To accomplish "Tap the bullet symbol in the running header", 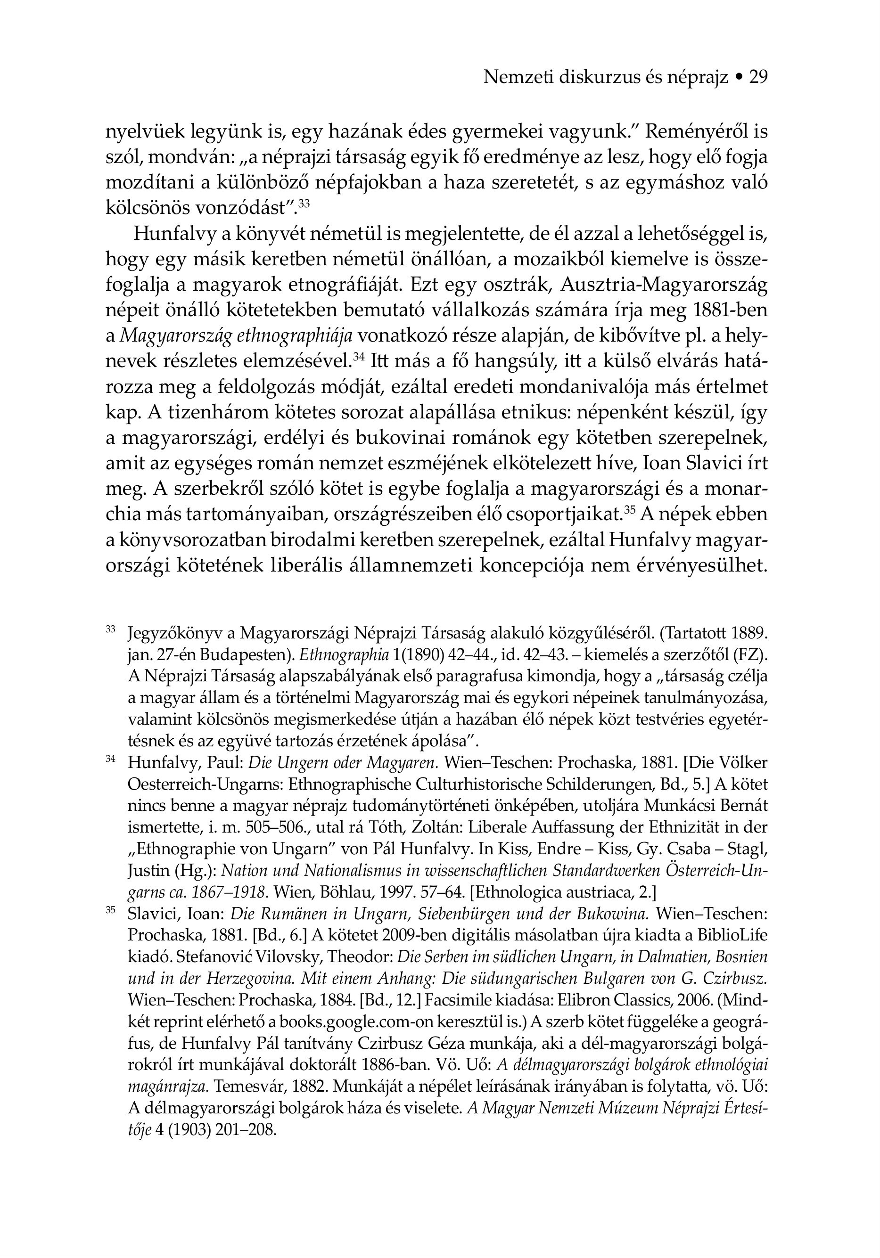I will click(739, 78).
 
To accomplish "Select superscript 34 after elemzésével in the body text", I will click(359, 357).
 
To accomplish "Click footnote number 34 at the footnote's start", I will click(110, 759).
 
